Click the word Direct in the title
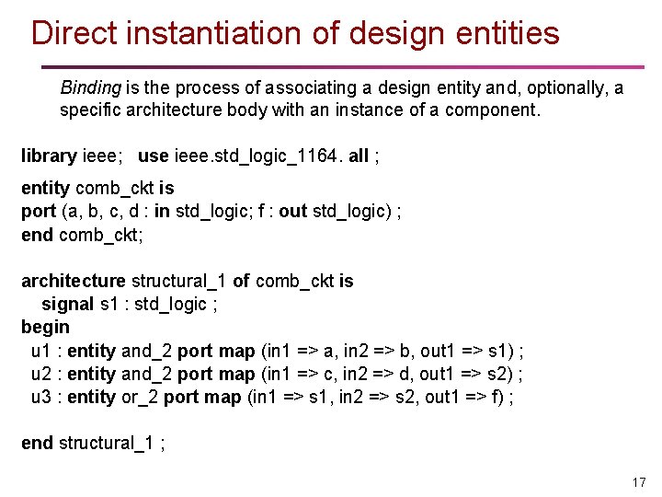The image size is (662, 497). [74, 33]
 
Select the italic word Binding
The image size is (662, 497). [90, 88]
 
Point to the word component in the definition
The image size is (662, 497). [492, 110]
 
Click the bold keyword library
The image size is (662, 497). [49, 156]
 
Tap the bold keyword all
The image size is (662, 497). [358, 156]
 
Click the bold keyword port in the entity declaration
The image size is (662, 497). [39, 212]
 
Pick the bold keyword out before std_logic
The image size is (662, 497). [292, 212]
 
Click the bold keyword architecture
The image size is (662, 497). [73, 281]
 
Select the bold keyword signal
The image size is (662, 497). [67, 304]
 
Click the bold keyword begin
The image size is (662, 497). [45, 328]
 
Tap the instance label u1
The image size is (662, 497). [41, 351]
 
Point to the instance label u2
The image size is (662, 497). [41, 374]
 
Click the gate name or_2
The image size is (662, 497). [140, 397]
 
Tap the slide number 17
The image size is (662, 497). [639, 482]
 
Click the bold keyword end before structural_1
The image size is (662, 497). [37, 443]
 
